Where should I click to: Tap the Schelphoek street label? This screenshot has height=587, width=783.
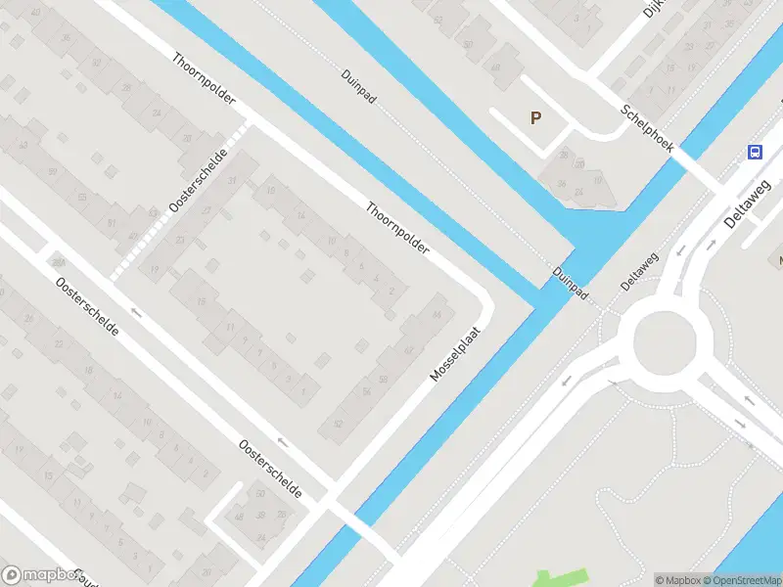click(x=647, y=127)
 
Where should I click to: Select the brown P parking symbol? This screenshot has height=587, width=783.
click(x=535, y=118)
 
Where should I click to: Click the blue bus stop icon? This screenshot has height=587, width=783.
click(x=756, y=152)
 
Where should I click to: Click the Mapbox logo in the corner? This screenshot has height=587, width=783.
click(x=41, y=575)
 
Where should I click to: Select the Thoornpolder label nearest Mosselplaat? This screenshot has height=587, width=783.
click(x=397, y=229)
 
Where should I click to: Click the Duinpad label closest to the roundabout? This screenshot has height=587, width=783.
click(x=570, y=284)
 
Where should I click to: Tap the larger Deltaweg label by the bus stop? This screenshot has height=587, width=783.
click(x=749, y=203)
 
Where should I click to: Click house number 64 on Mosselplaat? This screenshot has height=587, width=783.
click(x=436, y=313)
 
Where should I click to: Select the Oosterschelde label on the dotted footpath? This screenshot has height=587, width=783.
click(x=198, y=181)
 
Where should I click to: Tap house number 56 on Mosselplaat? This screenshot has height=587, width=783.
click(x=368, y=391)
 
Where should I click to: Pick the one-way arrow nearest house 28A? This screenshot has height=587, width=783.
click(x=135, y=313)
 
